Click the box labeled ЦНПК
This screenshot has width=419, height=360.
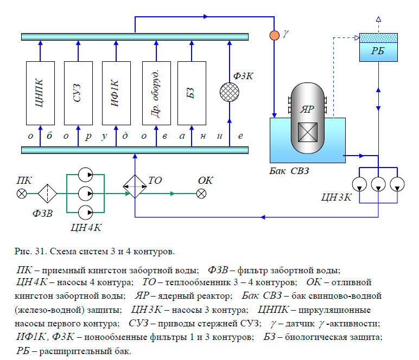(x=40, y=93)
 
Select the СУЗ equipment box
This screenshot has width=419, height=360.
(x=78, y=93)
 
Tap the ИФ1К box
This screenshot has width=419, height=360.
(x=116, y=93)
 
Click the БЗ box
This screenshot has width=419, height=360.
(x=192, y=93)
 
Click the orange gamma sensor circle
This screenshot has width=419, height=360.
(x=275, y=35)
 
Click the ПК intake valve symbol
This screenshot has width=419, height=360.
(x=22, y=193)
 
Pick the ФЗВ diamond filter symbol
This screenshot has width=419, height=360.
(x=48, y=193)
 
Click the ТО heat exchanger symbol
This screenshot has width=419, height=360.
(x=134, y=188)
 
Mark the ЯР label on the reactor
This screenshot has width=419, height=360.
(x=308, y=108)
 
